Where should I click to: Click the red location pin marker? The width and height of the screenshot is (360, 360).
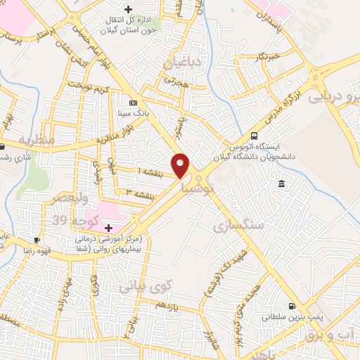coord(181,165)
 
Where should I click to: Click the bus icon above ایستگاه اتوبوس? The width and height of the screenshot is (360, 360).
coord(254,136)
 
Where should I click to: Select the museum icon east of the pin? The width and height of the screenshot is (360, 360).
coord(281,184)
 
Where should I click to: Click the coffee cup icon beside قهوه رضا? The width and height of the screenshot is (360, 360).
coord(37,240)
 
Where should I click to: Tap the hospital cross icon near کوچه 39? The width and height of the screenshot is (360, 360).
coord(108,228)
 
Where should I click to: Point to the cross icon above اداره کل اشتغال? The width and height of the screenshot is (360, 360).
coord(127,9)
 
